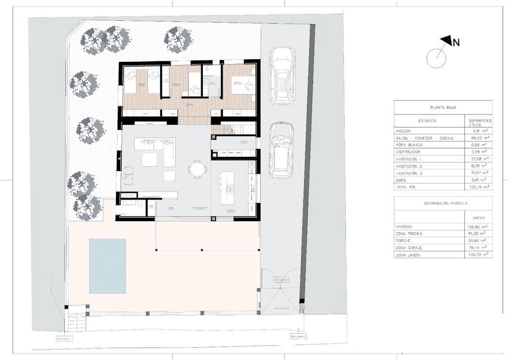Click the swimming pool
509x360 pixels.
[x=107, y=266]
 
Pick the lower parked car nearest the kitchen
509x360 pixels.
[x=281, y=150]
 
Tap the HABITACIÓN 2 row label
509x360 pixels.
[x=409, y=165]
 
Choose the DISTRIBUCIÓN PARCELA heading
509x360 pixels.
[x=443, y=203]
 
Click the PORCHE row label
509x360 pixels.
[x=403, y=240]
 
